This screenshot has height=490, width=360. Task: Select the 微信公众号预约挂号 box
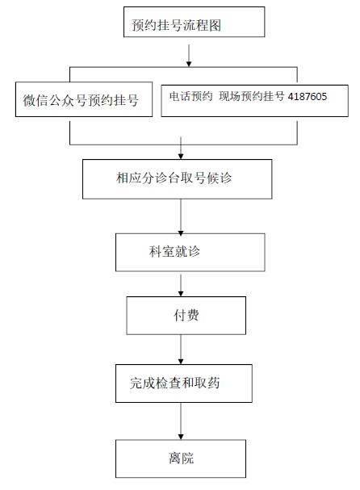pos(83,100)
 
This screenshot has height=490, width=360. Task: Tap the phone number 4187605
pos(307,97)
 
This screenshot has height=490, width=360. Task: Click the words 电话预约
pos(190,97)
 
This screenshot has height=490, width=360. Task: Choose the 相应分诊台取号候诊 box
pos(180,178)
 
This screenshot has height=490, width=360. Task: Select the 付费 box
pos(185,315)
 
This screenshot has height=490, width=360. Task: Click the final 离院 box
pos(180,459)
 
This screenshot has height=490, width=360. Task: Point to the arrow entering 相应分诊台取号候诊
pos(180,149)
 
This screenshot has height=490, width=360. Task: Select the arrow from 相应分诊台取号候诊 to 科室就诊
pos(180,216)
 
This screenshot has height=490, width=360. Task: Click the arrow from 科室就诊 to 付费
pos(180,284)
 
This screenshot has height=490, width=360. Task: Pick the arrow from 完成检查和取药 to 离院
pos(180,421)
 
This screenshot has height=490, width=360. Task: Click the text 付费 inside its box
pos(184,315)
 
